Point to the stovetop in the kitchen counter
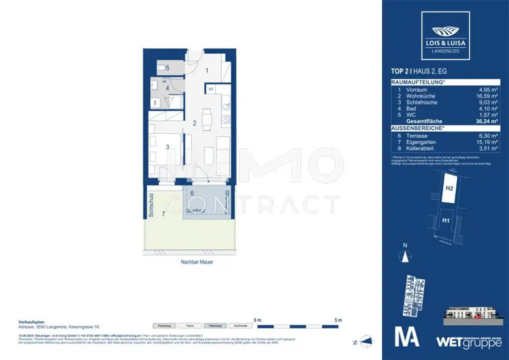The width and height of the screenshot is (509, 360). [227, 119]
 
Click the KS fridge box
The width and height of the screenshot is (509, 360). [211, 90]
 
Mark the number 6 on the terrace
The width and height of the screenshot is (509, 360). [192, 193]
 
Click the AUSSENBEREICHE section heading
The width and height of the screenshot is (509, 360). [418, 127]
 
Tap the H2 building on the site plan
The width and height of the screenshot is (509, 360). [449, 188]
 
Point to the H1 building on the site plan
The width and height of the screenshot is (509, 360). [446, 219]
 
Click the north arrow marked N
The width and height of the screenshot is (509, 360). [406, 255]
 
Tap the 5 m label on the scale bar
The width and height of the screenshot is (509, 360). [339, 320]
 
